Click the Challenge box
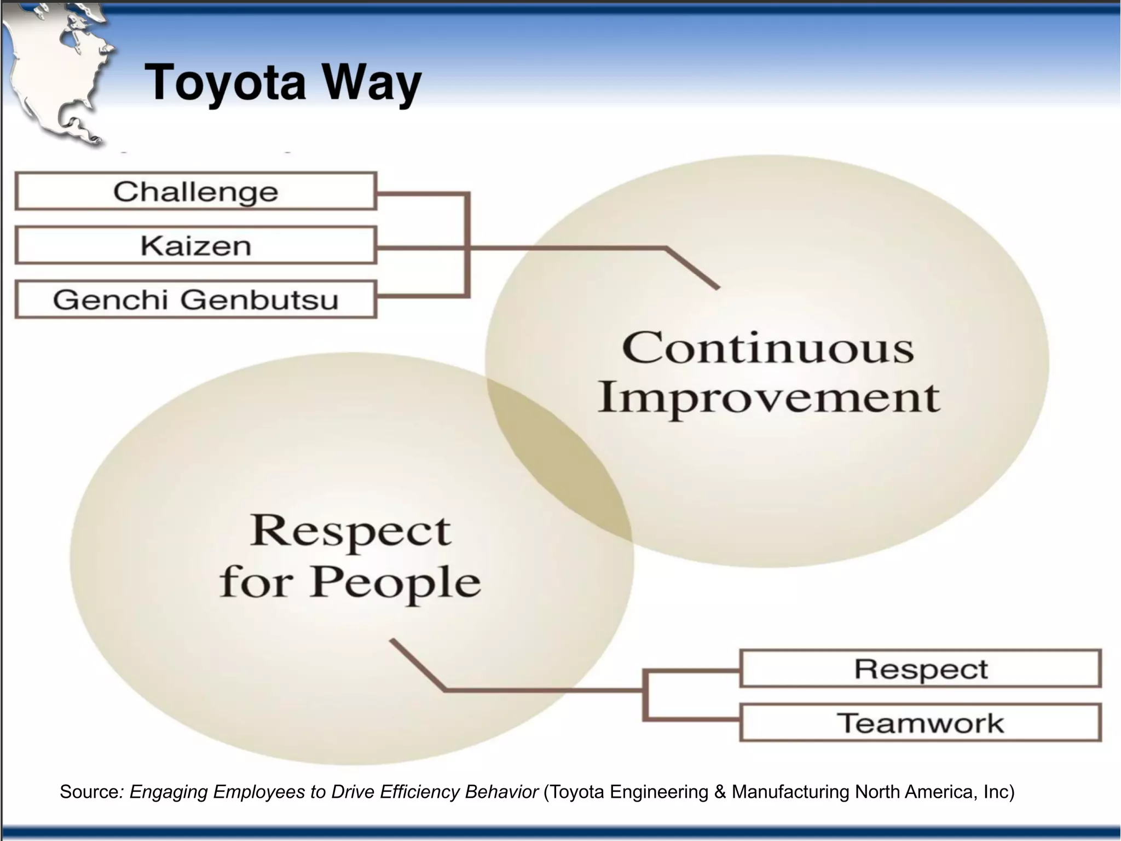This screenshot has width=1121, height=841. [195, 191]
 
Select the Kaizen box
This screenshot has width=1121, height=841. [195, 245]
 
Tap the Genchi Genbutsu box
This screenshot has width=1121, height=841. [195, 299]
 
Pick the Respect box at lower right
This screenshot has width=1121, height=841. [920, 669]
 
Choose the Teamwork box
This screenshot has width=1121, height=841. [920, 723]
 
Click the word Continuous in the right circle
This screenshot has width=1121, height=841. [767, 348]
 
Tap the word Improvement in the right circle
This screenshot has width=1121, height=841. [767, 399]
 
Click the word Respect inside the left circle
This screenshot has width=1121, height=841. [350, 531]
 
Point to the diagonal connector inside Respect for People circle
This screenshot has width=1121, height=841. [417, 665]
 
